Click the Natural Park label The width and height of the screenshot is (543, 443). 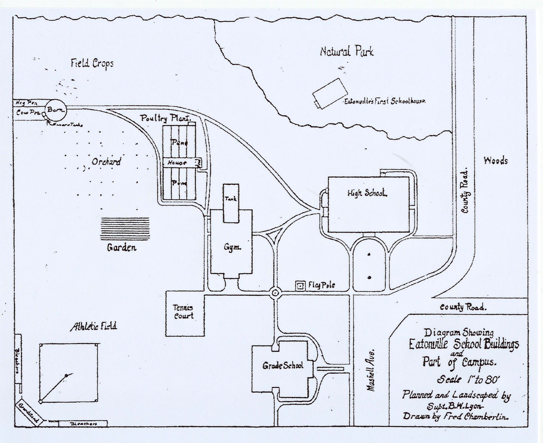346,52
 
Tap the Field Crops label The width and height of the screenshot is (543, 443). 92,63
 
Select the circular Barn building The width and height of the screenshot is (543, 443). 55,110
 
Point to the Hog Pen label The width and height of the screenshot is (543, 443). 26,103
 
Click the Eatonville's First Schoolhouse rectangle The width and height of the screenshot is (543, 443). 330,93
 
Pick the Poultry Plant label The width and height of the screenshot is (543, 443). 166,118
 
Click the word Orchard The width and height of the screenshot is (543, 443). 106,162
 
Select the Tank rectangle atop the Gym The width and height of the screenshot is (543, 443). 231,203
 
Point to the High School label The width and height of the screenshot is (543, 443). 367,193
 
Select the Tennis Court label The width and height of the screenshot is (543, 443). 183,312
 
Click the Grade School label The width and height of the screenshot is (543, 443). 283,366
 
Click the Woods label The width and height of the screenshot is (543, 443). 496,161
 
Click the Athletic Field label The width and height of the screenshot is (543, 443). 94,326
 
